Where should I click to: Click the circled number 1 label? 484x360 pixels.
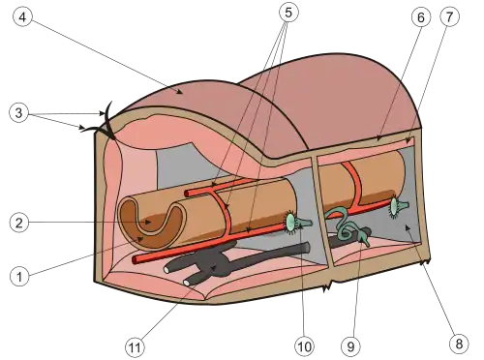click(19, 277)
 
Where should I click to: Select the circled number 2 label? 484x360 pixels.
click(19, 223)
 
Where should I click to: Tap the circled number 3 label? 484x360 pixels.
click(19, 112)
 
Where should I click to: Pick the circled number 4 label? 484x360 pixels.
click(22, 16)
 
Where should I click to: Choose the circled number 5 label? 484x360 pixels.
click(288, 13)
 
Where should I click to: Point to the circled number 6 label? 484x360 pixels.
click(421, 17)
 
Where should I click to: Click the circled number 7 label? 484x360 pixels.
click(449, 16)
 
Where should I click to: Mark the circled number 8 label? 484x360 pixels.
click(459, 344)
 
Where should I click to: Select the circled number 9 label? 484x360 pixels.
click(350, 346)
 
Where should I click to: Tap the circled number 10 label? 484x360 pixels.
click(304, 346)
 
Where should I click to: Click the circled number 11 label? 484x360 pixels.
click(135, 347)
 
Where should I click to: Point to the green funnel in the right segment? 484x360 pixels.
click(398, 206)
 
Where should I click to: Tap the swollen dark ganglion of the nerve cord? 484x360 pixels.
click(213, 263)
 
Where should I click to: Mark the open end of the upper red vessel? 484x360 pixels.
click(187, 194)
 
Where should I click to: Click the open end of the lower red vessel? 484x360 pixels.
click(136, 259)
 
